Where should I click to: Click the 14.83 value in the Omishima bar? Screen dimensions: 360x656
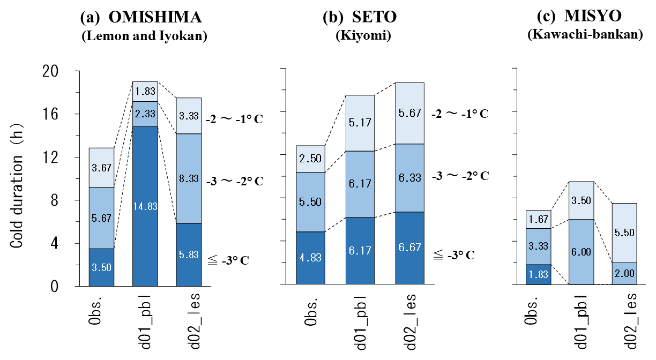pos(145,207)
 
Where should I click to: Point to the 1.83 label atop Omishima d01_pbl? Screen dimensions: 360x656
pos(145,91)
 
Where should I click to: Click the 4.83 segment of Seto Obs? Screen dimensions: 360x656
pos(310,258)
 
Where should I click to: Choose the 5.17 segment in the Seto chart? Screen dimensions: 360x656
pos(360,123)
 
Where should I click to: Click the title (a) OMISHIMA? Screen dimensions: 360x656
pos(141,18)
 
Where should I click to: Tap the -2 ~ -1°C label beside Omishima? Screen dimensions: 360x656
pos(236,117)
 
